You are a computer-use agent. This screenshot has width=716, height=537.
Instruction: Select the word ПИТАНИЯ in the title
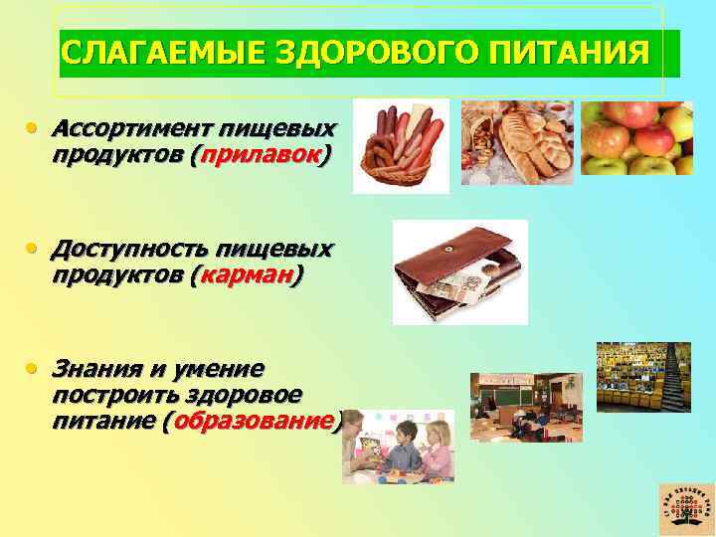point(557,52)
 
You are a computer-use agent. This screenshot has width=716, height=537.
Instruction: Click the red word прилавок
point(262,154)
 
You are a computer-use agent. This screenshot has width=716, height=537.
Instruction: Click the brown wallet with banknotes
point(459,270)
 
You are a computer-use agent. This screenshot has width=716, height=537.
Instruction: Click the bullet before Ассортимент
point(33,130)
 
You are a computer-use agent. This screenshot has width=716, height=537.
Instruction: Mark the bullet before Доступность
point(33,250)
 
